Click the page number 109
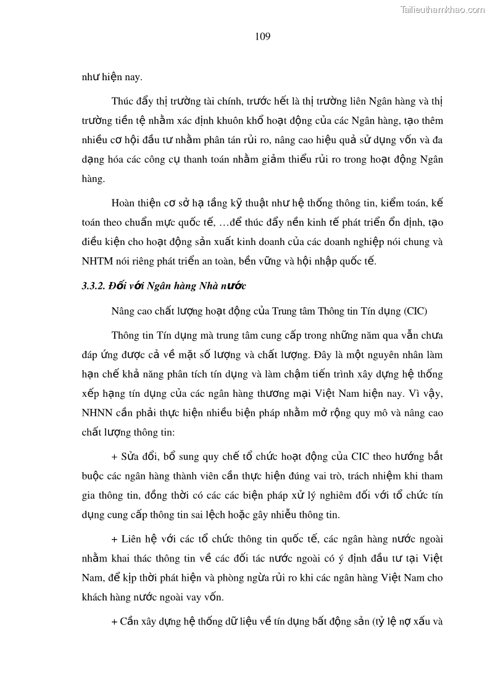click(x=262, y=36)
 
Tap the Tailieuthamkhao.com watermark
click(x=442, y=9)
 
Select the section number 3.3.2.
click(x=93, y=286)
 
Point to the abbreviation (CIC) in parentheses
click(x=415, y=310)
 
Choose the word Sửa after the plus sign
click(x=131, y=457)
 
